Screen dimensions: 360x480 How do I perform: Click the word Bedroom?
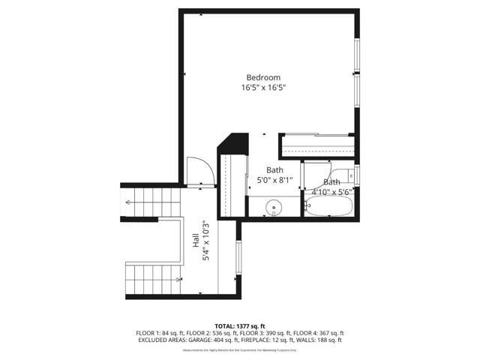tap(264, 77)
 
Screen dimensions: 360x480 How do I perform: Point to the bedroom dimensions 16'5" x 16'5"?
tap(264, 88)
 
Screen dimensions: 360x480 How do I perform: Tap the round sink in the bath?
tap(274, 207)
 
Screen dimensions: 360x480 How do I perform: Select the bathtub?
tap(330, 207)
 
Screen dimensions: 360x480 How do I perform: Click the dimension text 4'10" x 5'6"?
tap(331, 192)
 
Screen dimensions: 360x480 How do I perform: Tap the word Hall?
tap(195, 240)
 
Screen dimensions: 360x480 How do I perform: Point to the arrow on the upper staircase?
tap(128, 202)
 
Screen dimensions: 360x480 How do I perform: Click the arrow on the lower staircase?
tap(178, 279)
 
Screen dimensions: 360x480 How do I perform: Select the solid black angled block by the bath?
tap(233, 142)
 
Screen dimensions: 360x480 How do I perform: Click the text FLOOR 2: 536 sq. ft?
tap(200, 332)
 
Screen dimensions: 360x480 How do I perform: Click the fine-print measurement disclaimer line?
tap(240, 349)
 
